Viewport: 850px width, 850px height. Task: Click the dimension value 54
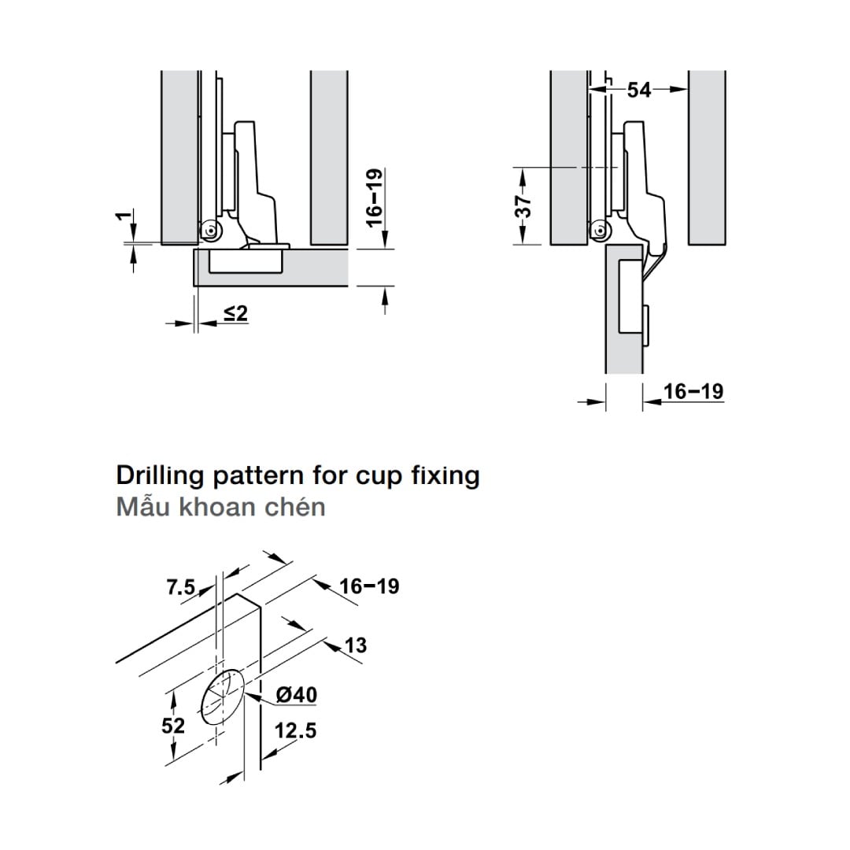tap(639, 90)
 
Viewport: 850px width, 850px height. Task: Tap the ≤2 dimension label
tap(235, 313)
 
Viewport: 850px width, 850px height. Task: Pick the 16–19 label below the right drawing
tap(693, 391)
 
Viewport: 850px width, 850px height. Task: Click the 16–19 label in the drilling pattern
tap(370, 586)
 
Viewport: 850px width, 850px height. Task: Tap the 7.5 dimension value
tap(181, 587)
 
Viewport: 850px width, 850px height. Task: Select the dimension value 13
tap(356, 645)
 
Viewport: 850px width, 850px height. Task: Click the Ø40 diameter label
tap(297, 695)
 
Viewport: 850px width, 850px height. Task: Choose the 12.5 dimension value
tap(295, 731)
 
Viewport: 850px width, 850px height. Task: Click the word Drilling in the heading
tap(160, 476)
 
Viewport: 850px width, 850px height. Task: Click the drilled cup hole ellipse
tap(224, 697)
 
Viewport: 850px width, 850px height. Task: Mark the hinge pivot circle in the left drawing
tap(209, 231)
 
